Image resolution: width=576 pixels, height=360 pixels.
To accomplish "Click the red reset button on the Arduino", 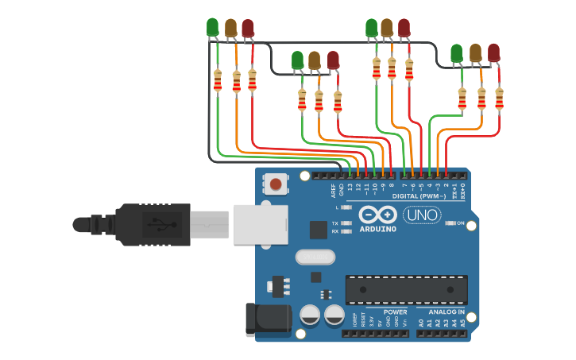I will [x=276, y=184].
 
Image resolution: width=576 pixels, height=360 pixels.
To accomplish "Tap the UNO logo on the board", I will [x=421, y=215].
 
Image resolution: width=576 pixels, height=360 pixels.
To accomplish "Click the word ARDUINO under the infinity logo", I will [x=377, y=229].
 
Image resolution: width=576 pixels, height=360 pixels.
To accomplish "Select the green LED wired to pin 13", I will [x=212, y=27].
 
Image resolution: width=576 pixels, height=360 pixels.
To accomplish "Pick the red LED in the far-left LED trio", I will [x=248, y=28].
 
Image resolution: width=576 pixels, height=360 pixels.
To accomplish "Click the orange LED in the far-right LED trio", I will [x=475, y=52].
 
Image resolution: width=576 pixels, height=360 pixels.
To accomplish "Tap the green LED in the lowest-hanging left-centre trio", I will [x=298, y=60].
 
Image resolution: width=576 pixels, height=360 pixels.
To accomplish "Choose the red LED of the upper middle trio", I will [x=404, y=28].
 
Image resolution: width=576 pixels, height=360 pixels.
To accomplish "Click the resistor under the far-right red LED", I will [x=499, y=99].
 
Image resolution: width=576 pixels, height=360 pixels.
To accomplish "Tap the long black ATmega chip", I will [x=406, y=289].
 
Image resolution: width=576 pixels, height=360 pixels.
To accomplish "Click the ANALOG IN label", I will [x=446, y=312].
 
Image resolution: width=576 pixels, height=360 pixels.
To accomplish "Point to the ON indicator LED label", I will [x=461, y=223].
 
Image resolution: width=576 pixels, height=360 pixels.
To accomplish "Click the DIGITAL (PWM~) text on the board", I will [x=419, y=195].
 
